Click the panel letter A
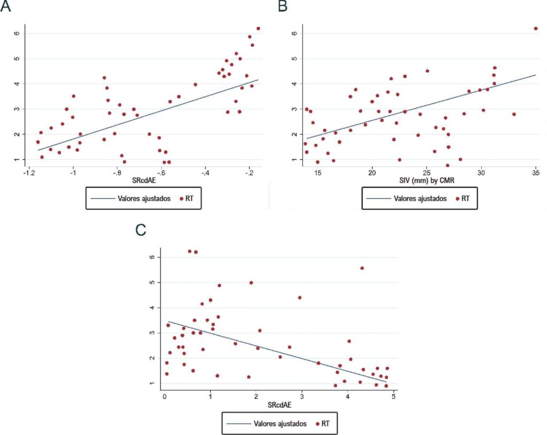[x=5, y=6]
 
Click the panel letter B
[x=283, y=6]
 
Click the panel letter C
[x=140, y=230]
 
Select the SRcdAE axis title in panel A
[x=144, y=181]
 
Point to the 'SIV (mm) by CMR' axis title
[x=427, y=181]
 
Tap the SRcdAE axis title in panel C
[x=279, y=405]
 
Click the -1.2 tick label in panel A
[x=29, y=173]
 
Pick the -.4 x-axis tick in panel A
[x=205, y=173]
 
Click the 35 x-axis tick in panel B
[x=536, y=173]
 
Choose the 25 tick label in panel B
[x=427, y=173]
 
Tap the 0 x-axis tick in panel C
[x=165, y=397]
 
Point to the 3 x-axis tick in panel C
[x=302, y=397]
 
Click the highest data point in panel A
[x=258, y=29]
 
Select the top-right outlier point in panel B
[x=536, y=29]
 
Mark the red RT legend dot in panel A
[x=181, y=199]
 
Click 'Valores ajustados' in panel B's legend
[x=420, y=199]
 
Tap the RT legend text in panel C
[x=325, y=423]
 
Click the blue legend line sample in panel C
[x=239, y=424]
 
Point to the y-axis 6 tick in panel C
[x=152, y=257]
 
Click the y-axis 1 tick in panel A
[x=17, y=160]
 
